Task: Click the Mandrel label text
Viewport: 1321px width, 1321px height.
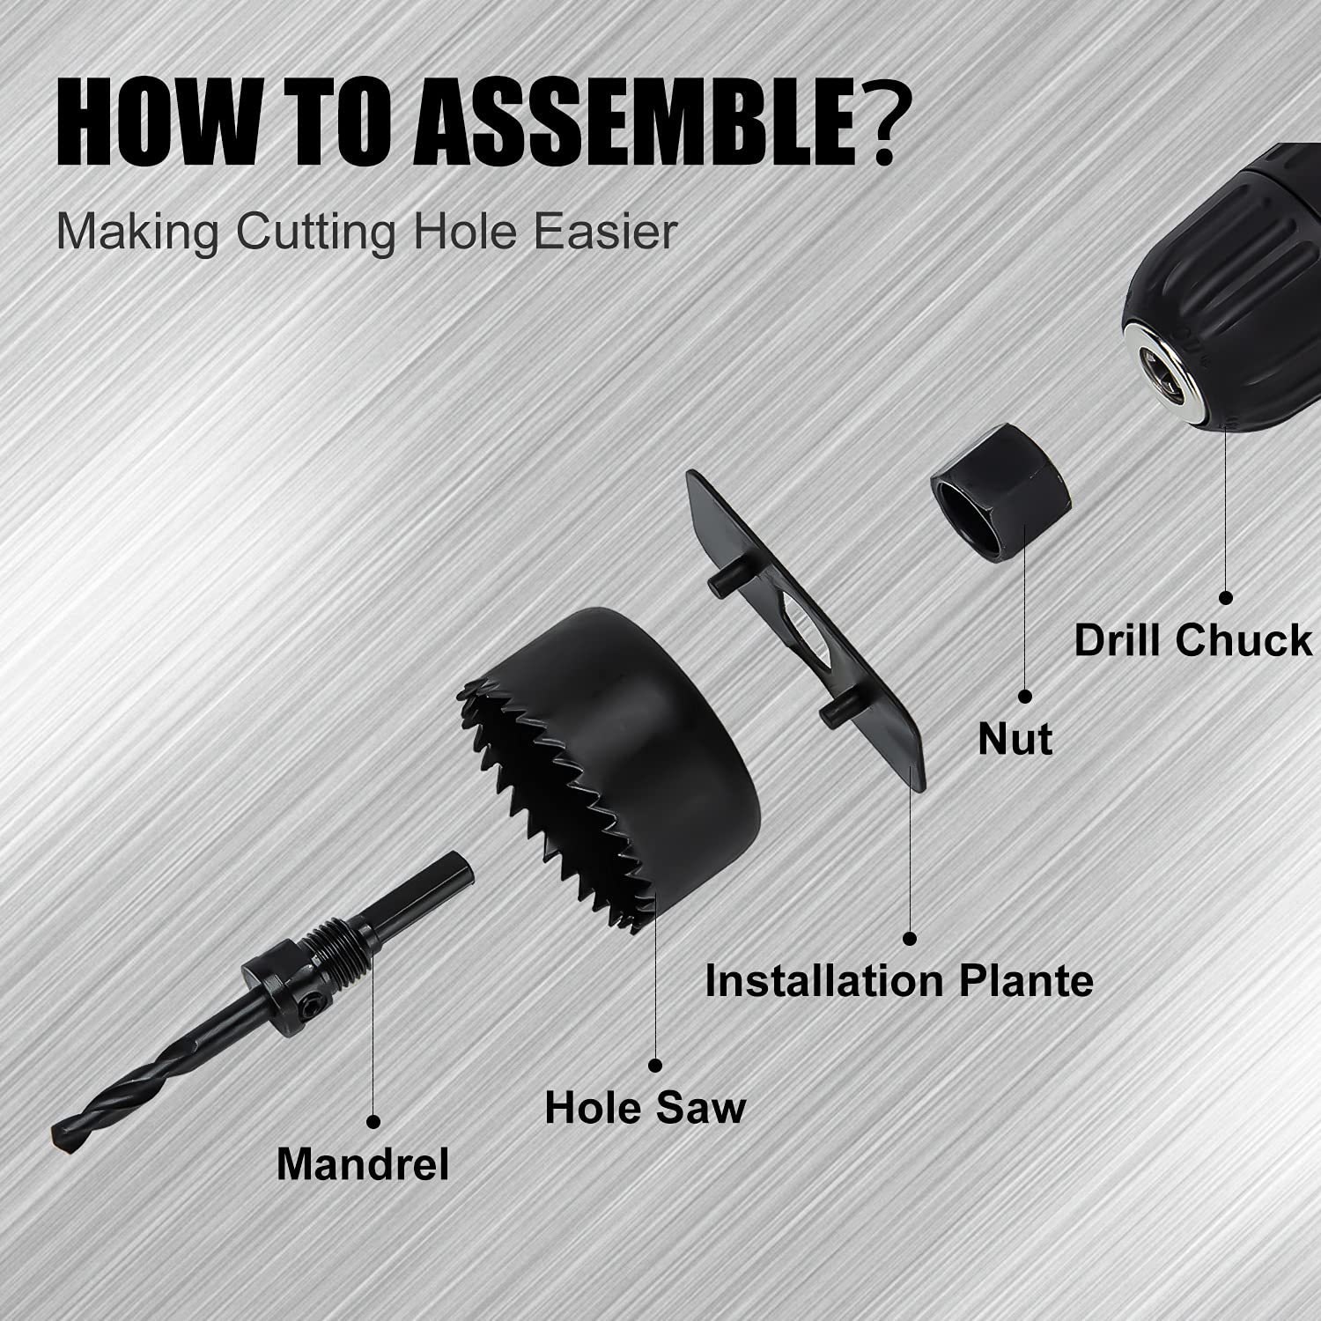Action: (x=363, y=1164)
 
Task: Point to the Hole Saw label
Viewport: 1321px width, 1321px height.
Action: (x=645, y=1107)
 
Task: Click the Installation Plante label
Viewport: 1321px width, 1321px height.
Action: (x=899, y=981)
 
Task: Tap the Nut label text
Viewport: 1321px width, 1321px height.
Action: (x=1015, y=739)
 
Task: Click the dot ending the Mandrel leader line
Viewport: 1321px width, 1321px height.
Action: (x=373, y=1122)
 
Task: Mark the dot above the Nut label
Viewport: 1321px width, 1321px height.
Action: (x=1024, y=696)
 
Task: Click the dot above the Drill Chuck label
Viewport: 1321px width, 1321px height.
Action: (x=1226, y=596)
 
